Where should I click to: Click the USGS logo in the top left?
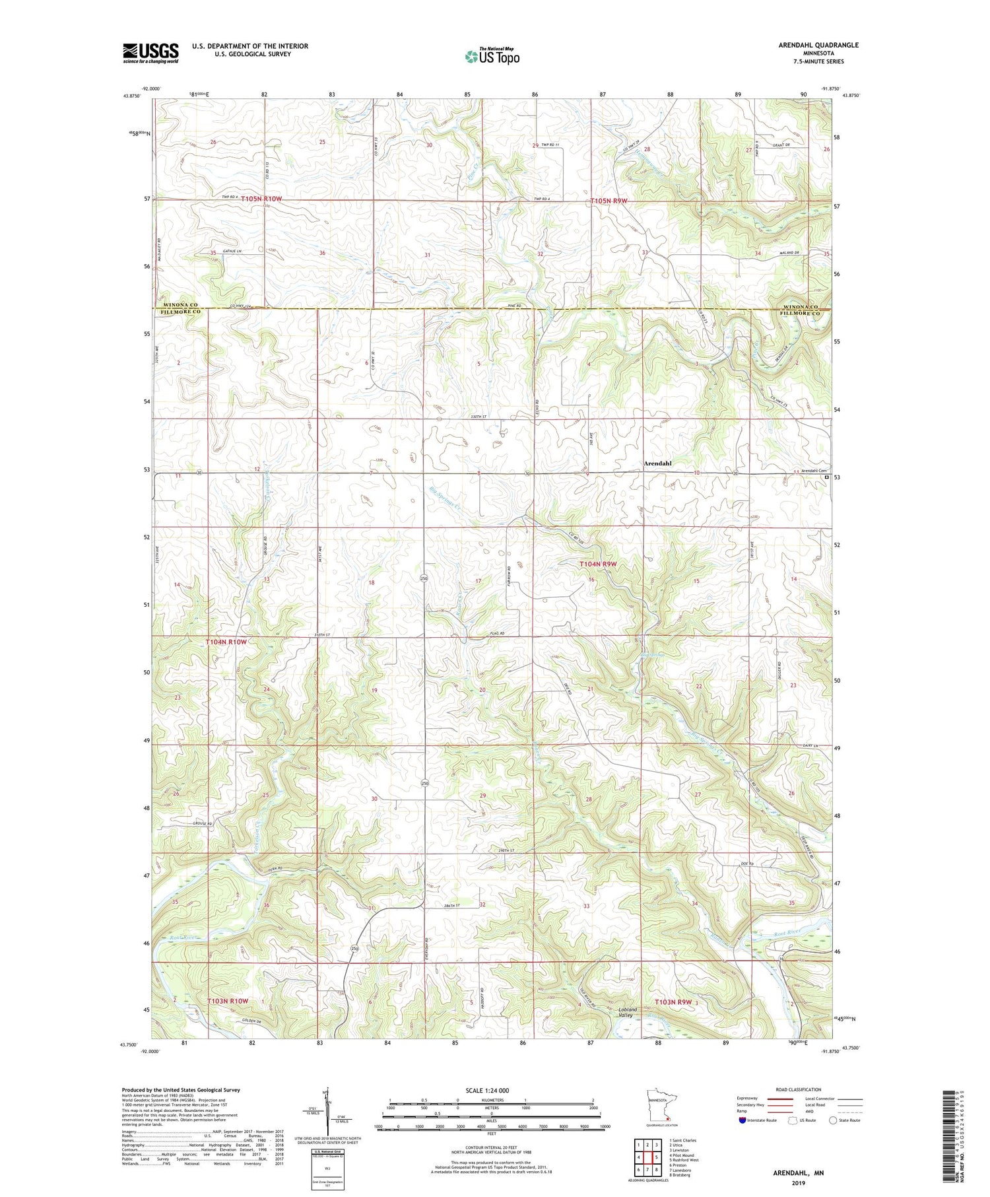point(150,53)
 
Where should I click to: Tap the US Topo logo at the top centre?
point(492,57)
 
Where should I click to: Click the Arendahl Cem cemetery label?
point(805,471)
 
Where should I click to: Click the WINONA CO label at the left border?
point(179,304)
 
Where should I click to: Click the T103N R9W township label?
point(673,1002)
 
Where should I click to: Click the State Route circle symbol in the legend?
point(833,1120)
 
